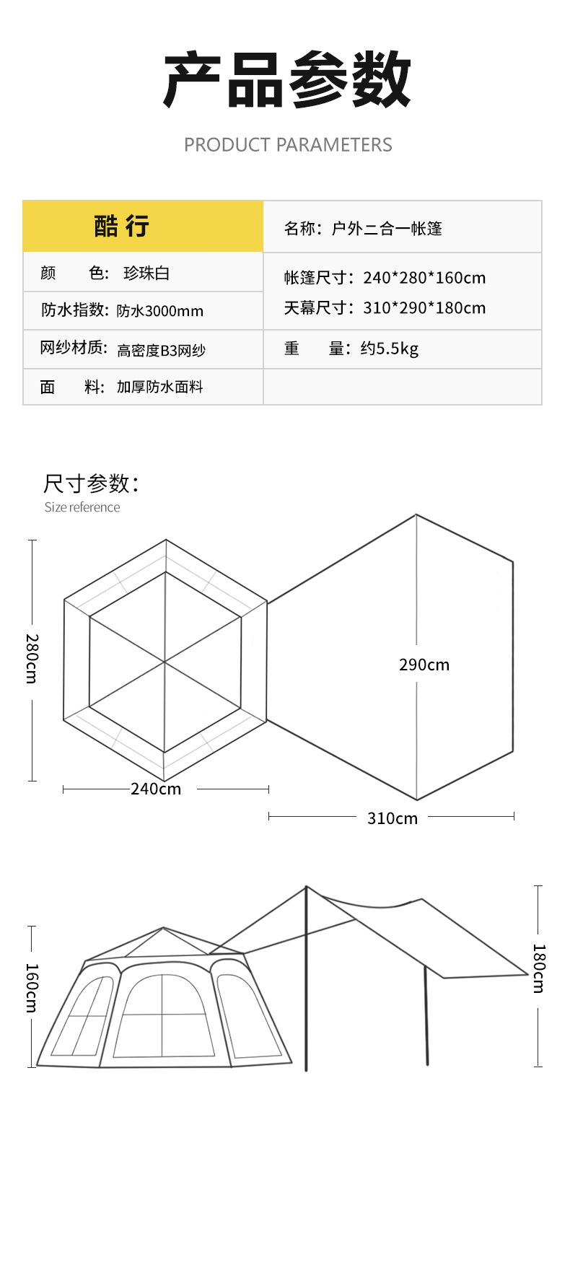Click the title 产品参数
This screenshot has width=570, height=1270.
pyautogui.click(x=286, y=80)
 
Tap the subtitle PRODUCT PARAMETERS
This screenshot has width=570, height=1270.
pyautogui.click(x=288, y=145)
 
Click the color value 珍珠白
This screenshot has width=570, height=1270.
pyautogui.click(x=146, y=273)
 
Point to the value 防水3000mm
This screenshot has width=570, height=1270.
pyautogui.click(x=159, y=311)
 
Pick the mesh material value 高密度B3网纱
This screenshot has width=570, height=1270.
pyautogui.click(x=161, y=351)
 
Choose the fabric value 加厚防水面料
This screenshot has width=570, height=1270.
pyautogui.click(x=159, y=387)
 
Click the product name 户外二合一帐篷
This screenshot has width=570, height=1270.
pyautogui.click(x=386, y=229)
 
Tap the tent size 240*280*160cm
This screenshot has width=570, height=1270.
pyautogui.click(x=424, y=278)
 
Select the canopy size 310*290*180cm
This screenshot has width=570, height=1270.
pyautogui.click(x=424, y=308)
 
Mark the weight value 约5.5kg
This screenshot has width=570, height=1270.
pyautogui.click(x=389, y=349)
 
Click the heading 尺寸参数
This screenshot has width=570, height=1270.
pyautogui.click(x=91, y=483)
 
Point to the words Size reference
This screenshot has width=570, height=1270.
pyautogui.click(x=82, y=507)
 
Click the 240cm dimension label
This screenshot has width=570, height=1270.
pyautogui.click(x=156, y=789)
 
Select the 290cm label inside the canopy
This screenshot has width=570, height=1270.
pyautogui.click(x=424, y=665)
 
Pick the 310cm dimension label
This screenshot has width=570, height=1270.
pyautogui.click(x=392, y=818)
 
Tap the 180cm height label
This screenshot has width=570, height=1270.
pyautogui.click(x=539, y=968)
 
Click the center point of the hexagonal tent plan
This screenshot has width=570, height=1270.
pyautogui.click(x=165, y=662)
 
